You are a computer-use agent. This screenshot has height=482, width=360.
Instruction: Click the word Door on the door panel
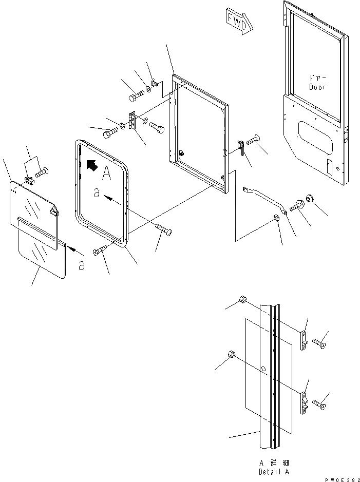[x=318, y=87]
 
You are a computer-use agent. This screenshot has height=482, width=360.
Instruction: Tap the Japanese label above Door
[x=318, y=78]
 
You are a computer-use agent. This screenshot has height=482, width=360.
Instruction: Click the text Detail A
[x=272, y=471]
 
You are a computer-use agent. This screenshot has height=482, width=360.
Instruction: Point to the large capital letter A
[x=106, y=174]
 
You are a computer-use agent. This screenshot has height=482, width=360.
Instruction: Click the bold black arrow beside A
[x=91, y=165]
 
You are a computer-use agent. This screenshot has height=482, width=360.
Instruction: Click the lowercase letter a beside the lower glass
[x=82, y=265]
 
